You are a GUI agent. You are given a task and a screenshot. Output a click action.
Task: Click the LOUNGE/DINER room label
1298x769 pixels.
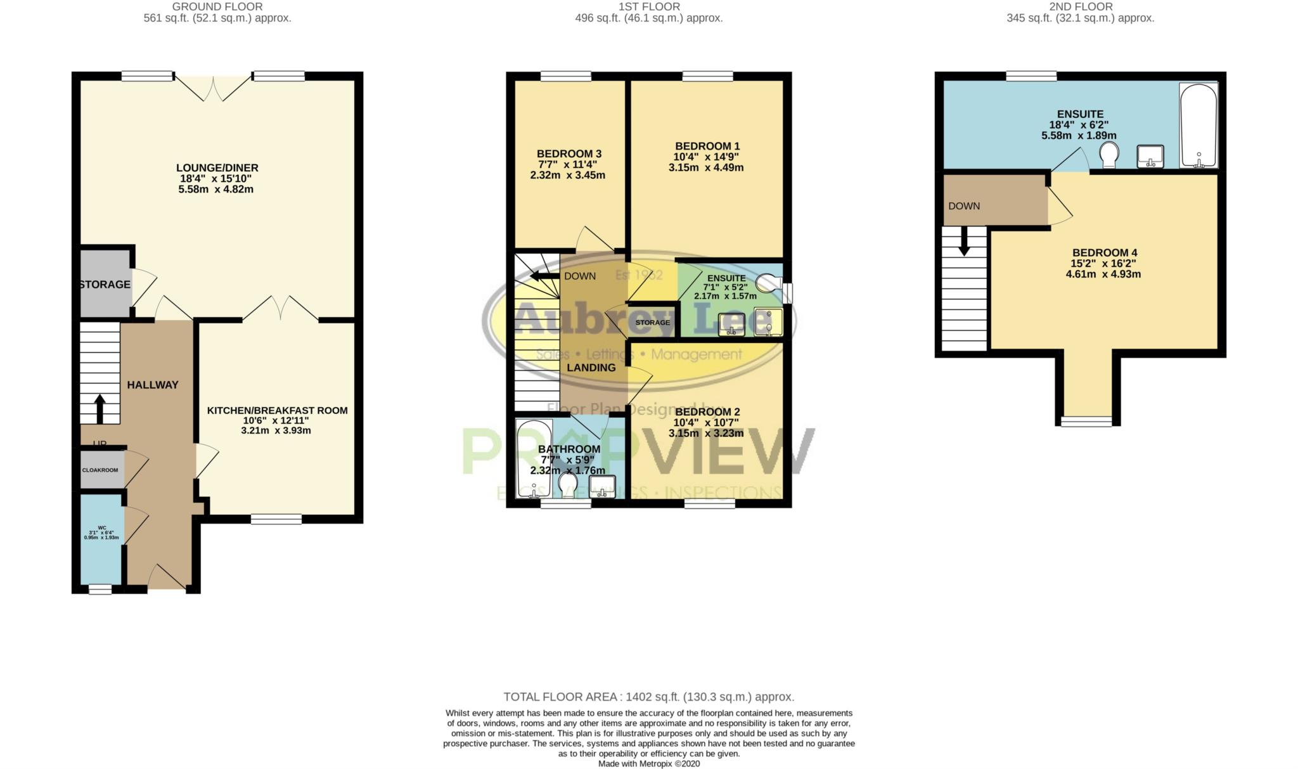click(x=217, y=168)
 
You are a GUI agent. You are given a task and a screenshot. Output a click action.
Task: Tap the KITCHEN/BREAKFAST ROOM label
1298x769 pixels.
click(x=277, y=411)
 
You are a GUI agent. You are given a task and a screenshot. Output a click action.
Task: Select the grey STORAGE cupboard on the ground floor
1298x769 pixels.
click(x=105, y=285)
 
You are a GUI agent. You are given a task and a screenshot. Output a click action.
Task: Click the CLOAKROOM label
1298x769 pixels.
click(x=100, y=470)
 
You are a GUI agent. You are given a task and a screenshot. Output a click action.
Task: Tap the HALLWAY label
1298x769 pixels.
click(x=153, y=385)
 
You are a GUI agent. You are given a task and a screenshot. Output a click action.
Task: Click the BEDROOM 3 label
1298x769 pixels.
click(x=569, y=154)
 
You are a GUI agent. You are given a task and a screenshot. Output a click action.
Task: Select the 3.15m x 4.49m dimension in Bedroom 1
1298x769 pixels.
click(x=706, y=168)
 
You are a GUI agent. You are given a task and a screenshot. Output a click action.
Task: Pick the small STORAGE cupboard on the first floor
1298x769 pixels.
click(x=652, y=323)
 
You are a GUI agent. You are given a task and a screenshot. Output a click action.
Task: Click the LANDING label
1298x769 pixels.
click(x=591, y=368)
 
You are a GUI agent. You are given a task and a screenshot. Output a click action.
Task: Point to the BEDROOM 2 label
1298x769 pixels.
click(x=707, y=412)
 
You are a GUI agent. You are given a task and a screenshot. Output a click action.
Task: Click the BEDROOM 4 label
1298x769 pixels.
click(x=1104, y=253)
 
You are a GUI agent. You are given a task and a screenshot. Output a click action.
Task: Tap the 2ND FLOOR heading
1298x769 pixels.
click(x=1080, y=7)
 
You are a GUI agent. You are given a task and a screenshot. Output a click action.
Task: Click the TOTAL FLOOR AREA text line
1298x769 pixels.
click(x=648, y=697)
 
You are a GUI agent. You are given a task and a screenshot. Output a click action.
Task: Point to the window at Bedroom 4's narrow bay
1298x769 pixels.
click(x=1086, y=422)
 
